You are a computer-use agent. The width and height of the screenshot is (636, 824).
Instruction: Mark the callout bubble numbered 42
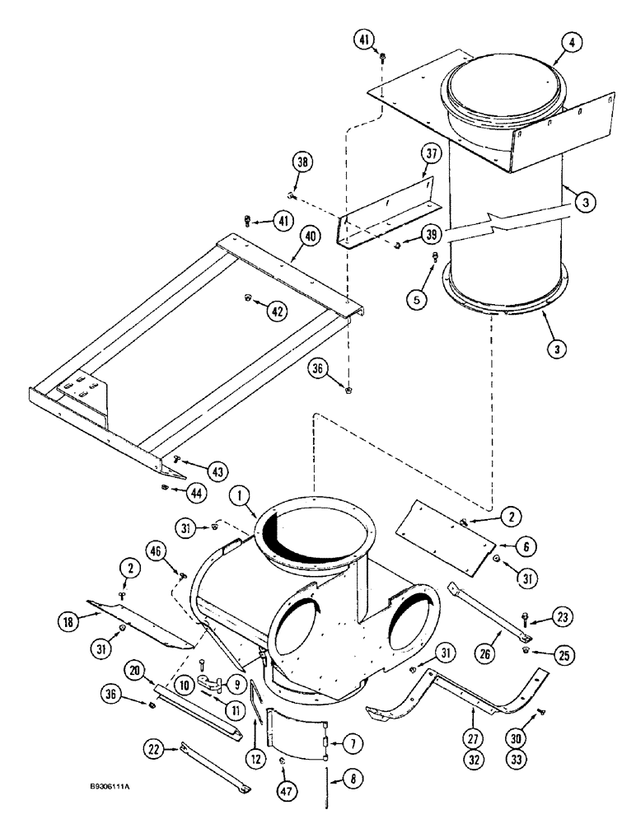[x=278, y=310]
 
